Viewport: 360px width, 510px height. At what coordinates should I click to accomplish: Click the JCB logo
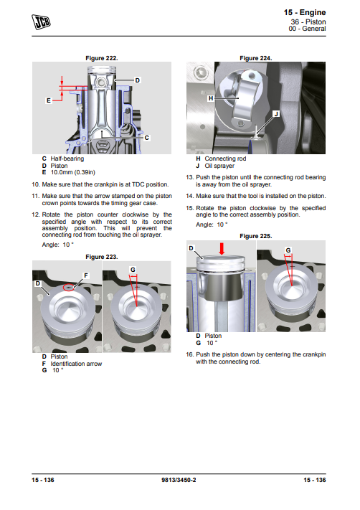pos(41,22)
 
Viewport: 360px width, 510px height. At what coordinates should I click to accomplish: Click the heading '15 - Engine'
pos(304,12)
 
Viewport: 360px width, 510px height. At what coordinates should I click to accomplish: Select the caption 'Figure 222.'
pos(101,58)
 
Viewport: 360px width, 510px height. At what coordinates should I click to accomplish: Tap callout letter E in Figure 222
pos(49,100)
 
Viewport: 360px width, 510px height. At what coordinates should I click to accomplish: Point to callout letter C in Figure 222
pos(147,138)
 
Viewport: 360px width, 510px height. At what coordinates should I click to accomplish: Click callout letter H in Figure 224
pos(211,98)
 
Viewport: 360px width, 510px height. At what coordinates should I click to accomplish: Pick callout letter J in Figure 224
pos(276,114)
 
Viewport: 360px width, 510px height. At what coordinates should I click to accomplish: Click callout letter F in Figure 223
pos(86,275)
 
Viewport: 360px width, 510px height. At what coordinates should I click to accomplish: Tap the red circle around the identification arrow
pos(68,288)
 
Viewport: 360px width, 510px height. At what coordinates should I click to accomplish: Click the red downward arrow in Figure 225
pos(222,248)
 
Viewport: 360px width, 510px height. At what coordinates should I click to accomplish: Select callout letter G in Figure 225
pos(288,250)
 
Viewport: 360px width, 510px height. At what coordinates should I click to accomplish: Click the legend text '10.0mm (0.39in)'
pos(73,172)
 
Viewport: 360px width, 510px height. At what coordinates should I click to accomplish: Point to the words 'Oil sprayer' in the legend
pos(219,166)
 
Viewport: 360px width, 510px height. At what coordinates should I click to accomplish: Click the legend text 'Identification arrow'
pos(76,364)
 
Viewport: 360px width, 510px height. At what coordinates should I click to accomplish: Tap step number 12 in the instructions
pos(35,214)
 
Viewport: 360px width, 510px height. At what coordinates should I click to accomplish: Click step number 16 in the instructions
pos(190,354)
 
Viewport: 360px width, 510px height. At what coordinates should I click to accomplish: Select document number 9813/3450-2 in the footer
pos(179,480)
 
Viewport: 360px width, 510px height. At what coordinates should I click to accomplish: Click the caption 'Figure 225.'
pos(255,236)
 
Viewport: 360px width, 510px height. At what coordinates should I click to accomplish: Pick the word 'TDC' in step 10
pos(138,184)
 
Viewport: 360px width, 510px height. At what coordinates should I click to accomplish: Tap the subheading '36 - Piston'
pos(308,22)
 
